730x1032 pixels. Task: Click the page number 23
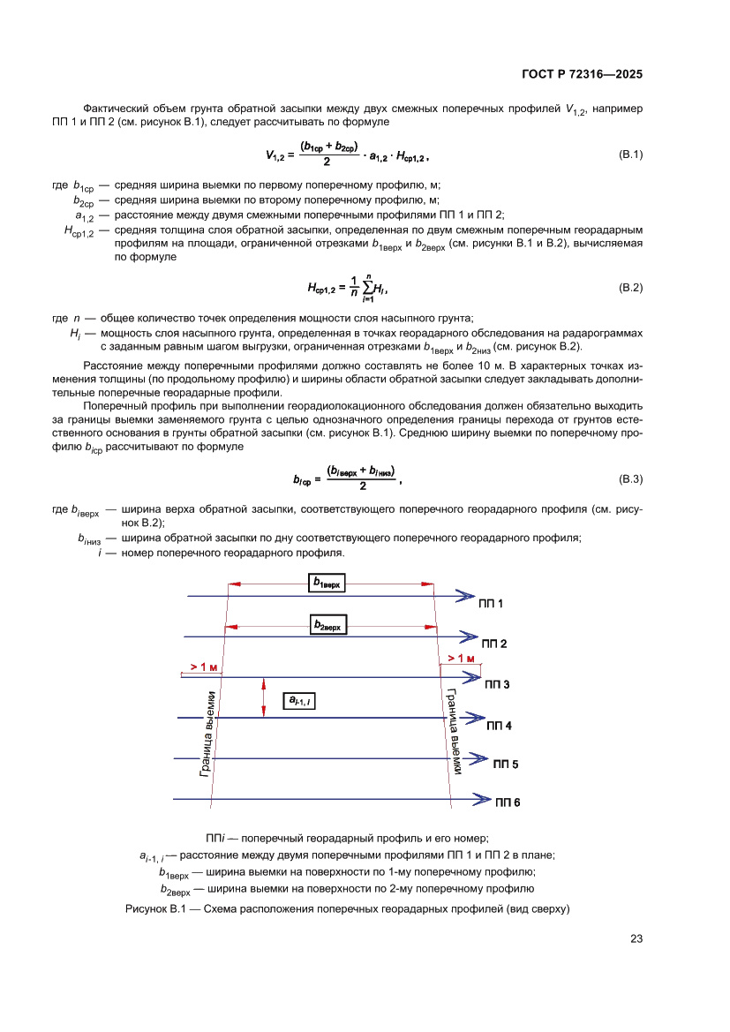636,938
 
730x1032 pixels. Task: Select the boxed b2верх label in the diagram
328,625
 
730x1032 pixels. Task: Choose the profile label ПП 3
497,684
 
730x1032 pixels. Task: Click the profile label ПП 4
499,725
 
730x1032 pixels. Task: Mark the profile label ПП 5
505,765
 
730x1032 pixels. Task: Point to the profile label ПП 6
508,802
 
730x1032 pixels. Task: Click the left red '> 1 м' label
203,667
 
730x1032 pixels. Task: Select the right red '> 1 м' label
461,659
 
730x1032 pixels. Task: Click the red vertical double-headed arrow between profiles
264,697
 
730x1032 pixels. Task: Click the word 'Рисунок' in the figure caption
147,908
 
